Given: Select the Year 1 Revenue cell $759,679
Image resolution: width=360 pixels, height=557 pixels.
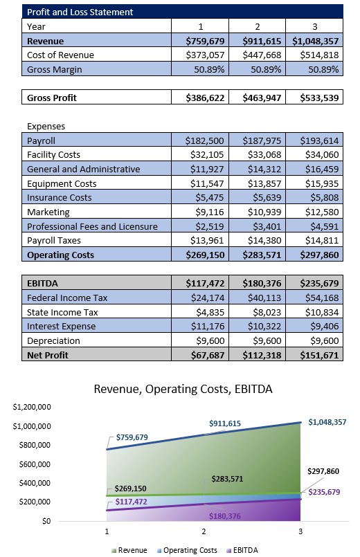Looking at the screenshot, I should coord(204,41).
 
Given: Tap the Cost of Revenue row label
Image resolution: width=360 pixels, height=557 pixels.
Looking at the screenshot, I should coord(60,55).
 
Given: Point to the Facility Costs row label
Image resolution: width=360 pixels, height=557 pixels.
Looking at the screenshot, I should coord(53,155).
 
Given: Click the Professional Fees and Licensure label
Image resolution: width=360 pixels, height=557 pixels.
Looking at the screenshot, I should coord(92,226).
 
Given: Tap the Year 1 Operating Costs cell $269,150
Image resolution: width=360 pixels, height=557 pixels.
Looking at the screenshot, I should coord(204,255).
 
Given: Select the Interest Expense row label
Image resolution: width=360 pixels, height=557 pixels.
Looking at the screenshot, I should coord(61,327).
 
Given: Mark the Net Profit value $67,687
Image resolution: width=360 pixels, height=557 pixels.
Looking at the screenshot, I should coord(204,355).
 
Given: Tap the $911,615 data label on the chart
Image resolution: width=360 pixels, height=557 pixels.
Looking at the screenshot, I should coord(226,423).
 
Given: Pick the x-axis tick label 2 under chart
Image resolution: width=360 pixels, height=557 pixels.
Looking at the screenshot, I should coord(204,531).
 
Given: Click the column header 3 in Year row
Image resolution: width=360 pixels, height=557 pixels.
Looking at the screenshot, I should coord(314,26).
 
